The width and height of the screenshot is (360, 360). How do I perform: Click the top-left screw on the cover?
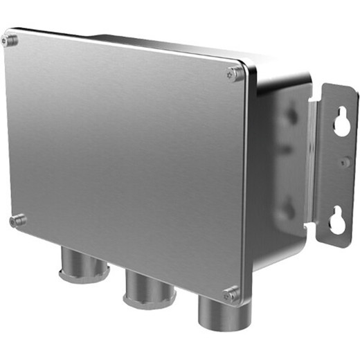[10, 39]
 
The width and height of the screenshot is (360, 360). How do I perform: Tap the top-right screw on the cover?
[235, 73]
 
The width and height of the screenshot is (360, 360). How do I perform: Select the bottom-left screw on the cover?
[17, 221]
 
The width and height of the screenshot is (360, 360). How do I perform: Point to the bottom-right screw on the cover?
[231, 294]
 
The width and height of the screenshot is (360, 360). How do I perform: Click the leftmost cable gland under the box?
[84, 263]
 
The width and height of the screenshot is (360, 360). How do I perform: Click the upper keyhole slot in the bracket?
[341, 123]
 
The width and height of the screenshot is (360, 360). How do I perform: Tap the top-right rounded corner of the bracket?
[353, 90]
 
